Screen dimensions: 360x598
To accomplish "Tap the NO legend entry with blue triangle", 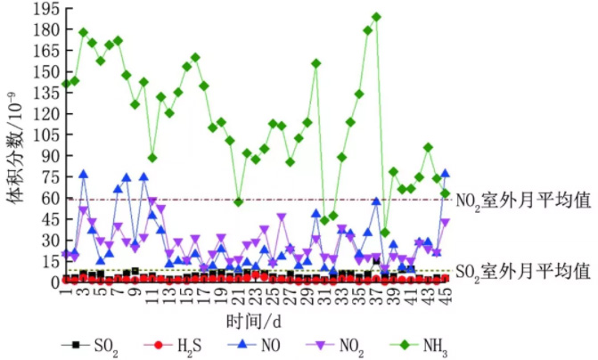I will pos(252,345).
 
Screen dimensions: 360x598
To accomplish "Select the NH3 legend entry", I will pos(420,345).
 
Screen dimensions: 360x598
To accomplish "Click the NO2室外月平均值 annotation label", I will pos(522,200).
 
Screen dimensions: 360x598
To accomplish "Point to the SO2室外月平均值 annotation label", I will pos(522,269).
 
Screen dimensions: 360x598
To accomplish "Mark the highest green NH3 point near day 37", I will pos(376,17).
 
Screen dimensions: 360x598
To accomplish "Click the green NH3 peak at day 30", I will pos(316,63).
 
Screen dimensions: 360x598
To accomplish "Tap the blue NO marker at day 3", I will pos(84,175).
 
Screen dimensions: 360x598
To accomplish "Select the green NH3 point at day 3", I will pos(83,33).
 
